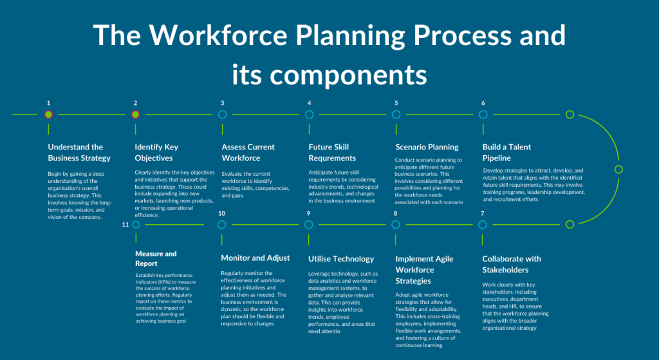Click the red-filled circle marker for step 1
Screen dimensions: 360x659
pos(48,115)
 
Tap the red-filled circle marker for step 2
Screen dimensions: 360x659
pos(135,115)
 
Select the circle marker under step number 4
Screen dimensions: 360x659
pos(309,115)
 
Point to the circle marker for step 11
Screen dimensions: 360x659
pos(135,225)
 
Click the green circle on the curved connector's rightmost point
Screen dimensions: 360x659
pos(618,169)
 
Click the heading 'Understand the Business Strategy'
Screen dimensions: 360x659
pos(79,152)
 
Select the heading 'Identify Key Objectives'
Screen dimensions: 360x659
pos(156,152)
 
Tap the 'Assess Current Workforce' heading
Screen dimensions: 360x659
pos(248,152)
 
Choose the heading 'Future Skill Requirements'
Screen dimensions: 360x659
pos(332,152)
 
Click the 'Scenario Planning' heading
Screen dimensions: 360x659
pos(427,147)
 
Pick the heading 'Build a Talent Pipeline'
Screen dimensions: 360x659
pos(506,152)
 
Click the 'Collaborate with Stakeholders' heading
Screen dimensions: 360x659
pos(512,264)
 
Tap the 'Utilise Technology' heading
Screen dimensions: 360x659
pos(341,259)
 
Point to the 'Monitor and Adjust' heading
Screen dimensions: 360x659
pos(255,258)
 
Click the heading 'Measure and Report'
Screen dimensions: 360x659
pos(156,258)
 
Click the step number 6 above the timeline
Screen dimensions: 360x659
pos(483,103)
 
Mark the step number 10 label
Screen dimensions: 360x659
pos(221,213)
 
